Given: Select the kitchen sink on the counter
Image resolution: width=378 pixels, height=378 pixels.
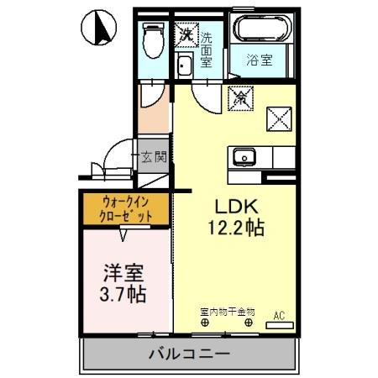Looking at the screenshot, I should pos(245,157).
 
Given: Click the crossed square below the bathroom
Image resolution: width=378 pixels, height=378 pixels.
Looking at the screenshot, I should pos(277,118).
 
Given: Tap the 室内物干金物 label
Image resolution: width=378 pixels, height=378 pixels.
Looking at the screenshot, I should pos(227,312).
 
